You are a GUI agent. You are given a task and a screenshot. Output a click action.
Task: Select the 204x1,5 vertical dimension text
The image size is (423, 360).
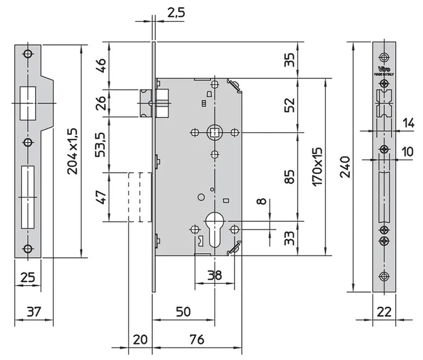point(73,151)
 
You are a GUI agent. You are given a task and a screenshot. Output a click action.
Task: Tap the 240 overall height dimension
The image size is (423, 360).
point(345,167)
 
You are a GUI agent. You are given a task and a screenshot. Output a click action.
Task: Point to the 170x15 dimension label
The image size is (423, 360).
point(318,167)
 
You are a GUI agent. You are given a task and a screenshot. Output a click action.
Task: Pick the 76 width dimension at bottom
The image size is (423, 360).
point(196,339)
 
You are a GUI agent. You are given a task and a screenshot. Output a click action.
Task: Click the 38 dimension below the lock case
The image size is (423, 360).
point(214,275)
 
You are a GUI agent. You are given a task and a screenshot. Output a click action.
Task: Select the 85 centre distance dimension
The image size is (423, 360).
point(289,176)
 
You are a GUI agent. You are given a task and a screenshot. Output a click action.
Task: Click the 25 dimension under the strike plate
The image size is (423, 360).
point(28,277)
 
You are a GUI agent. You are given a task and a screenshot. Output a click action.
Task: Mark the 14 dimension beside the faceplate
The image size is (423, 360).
point(408,123)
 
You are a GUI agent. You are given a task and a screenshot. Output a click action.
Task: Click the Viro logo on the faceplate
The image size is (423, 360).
point(384,69)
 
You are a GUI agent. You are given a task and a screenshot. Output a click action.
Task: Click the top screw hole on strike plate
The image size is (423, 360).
point(27,54)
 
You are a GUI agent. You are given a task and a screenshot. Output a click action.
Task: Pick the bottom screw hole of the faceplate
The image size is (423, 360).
point(384,277)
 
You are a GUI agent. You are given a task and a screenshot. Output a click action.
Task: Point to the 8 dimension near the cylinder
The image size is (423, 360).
point(260,201)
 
